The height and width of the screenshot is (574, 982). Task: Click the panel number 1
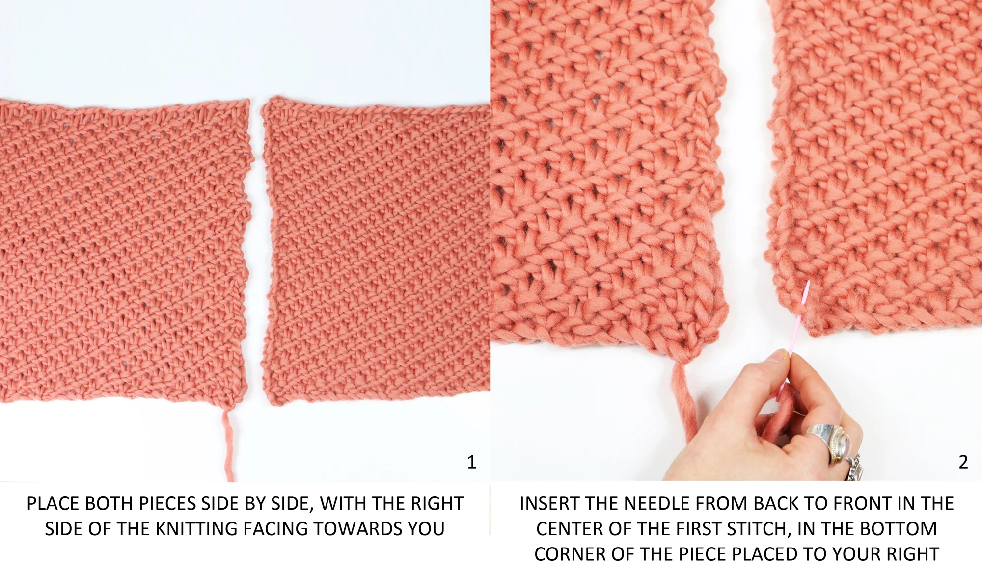pyautogui.click(x=471, y=462)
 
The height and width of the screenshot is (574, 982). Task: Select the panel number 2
pyautogui.click(x=963, y=462)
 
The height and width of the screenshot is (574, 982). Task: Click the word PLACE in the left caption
pyautogui.click(x=53, y=504)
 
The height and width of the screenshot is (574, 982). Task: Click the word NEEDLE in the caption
pyautogui.click(x=660, y=504)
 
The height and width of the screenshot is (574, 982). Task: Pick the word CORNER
pyautogui.click(x=571, y=554)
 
